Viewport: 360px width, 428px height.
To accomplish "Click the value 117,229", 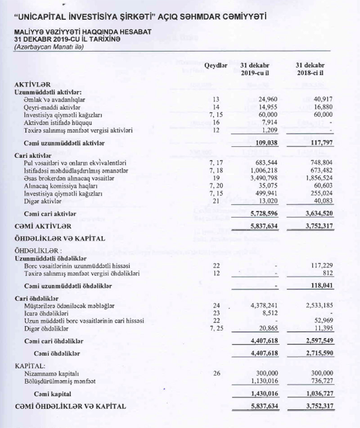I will point(321,265).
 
